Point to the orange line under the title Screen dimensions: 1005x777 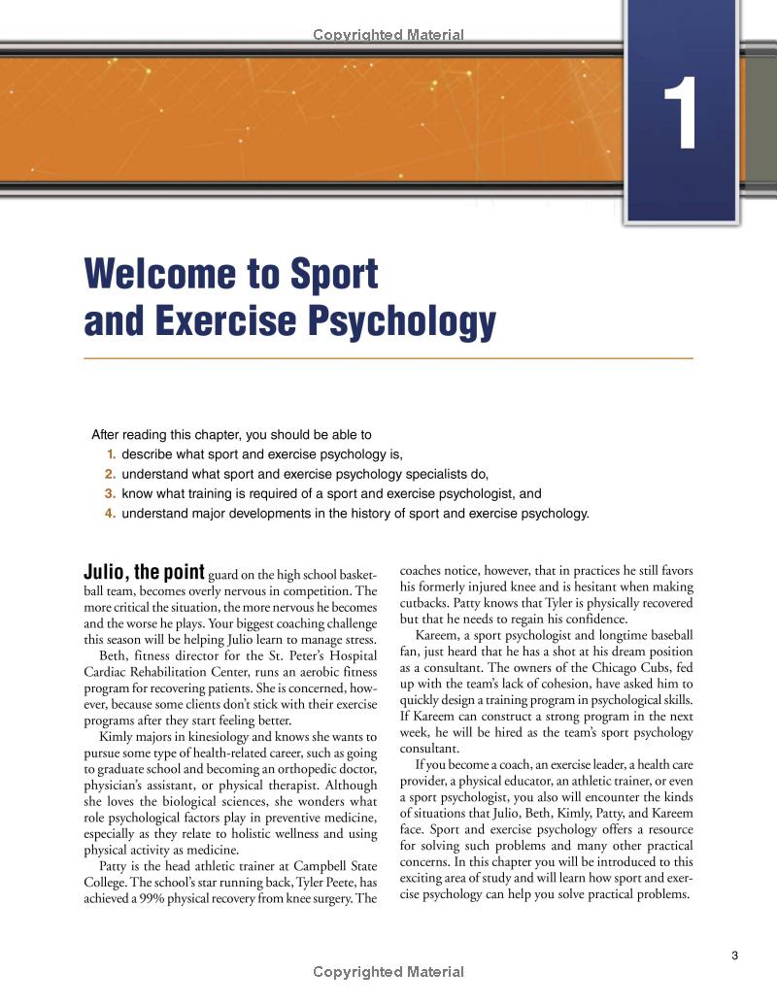pyautogui.click(x=388, y=359)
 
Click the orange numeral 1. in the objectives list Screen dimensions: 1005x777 pyautogui.click(x=110, y=454)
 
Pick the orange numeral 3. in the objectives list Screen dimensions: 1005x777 pyautogui.click(x=110, y=493)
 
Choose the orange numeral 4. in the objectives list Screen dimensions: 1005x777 pyautogui.click(x=110, y=514)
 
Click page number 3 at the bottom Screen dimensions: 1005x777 pyautogui.click(x=734, y=955)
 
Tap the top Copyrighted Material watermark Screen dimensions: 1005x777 pyautogui.click(x=388, y=35)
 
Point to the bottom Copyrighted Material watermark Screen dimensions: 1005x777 pyautogui.click(x=388, y=972)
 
